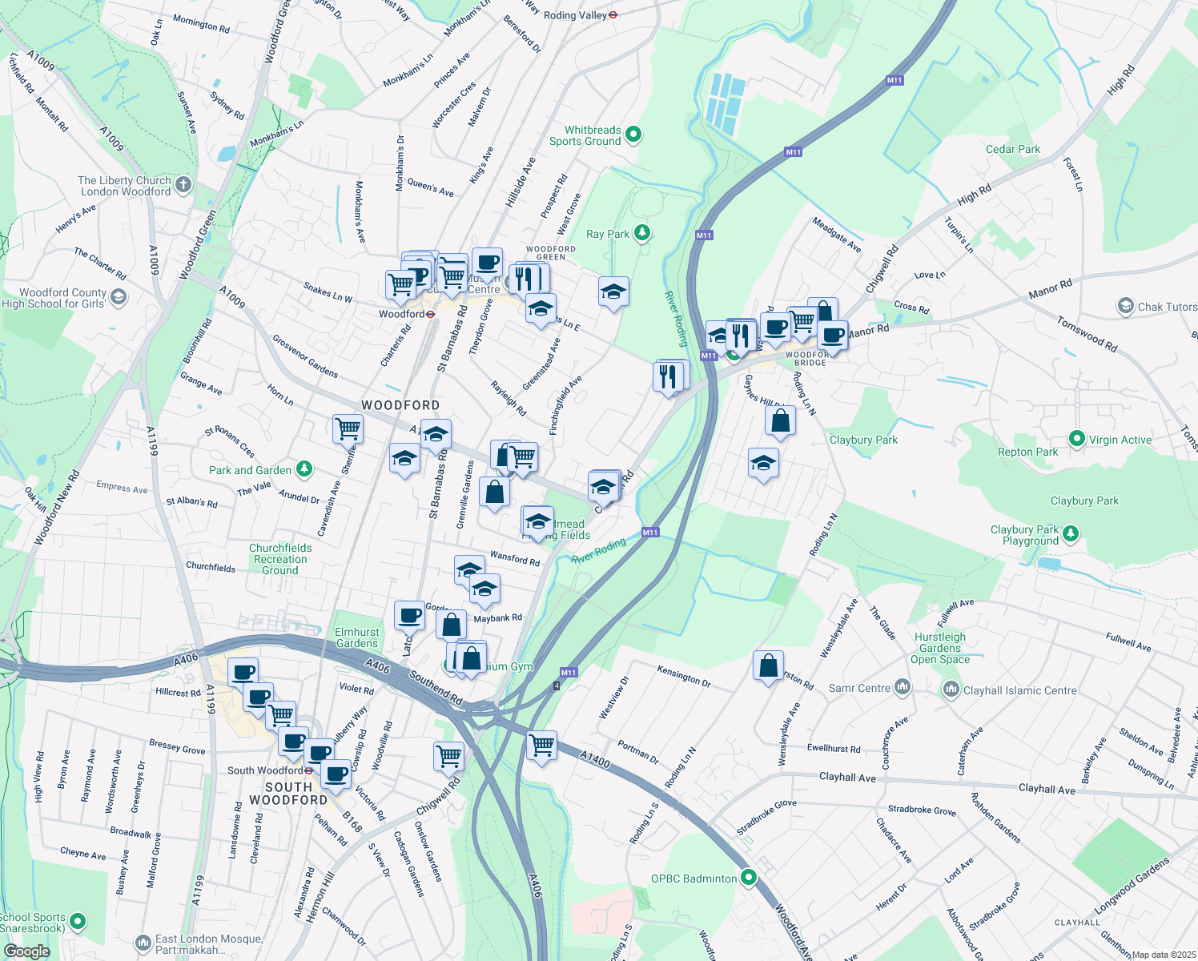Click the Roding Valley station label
pyautogui.click(x=575, y=15)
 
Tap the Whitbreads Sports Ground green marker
pyautogui.click(x=633, y=135)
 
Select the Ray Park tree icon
pyautogui.click(x=641, y=233)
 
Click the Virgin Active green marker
pyautogui.click(x=1077, y=439)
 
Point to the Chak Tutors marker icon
pyautogui.click(x=1125, y=306)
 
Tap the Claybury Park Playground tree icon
pyautogui.click(x=1071, y=533)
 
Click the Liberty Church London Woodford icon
pyautogui.click(x=183, y=185)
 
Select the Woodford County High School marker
pyautogui.click(x=119, y=298)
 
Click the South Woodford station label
pyautogui.click(x=264, y=770)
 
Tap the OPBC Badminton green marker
pyautogui.click(x=749, y=878)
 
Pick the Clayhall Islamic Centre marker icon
pyautogui.click(x=951, y=689)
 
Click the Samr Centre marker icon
pyautogui.click(x=903, y=687)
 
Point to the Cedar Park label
pyautogui.click(x=1012, y=149)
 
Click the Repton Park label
pyautogui.click(x=1027, y=452)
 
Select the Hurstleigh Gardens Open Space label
pyautogui.click(x=940, y=648)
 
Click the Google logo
pyautogui.click(x=27, y=951)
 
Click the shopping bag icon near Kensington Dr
pyautogui.click(x=768, y=665)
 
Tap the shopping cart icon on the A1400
pyautogui.click(x=542, y=744)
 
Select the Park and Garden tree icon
pyautogui.click(x=304, y=469)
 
